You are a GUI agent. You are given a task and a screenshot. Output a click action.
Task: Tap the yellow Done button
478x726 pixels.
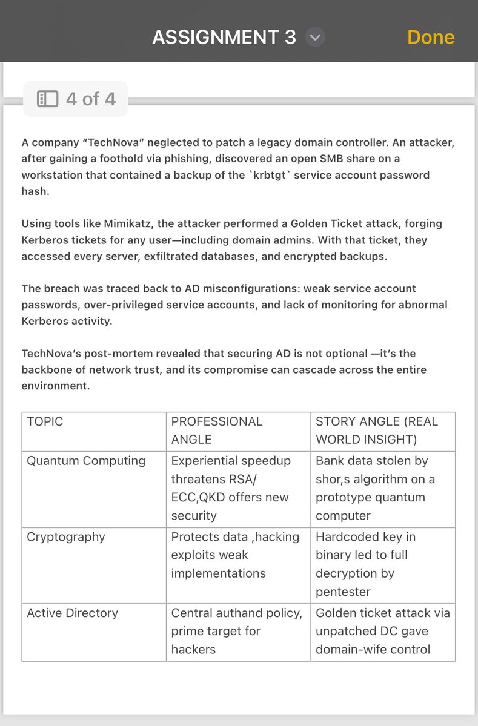pos(431,37)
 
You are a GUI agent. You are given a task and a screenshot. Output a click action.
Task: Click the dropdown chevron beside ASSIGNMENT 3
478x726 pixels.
pos(314,38)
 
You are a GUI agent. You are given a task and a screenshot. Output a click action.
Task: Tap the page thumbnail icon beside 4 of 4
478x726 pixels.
pos(47,99)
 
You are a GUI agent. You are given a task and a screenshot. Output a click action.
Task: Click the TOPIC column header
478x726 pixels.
pos(45,421)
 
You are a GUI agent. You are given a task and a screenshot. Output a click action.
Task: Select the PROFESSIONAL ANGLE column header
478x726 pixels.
pos(217,430)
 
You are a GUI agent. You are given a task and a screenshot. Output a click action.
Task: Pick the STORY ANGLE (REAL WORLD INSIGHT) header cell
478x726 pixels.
pos(377,430)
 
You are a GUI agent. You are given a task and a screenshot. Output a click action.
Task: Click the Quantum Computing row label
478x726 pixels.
pos(86,461)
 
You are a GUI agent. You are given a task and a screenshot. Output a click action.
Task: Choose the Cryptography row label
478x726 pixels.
pos(66,537)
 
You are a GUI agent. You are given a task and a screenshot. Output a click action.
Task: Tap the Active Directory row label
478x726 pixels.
pos(72,613)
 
